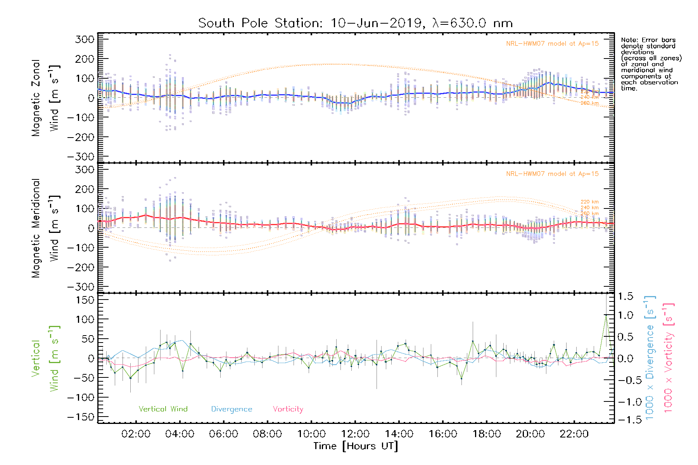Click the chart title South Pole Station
(x=260, y=23)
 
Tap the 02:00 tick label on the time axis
(x=136, y=434)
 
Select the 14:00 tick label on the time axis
(x=399, y=434)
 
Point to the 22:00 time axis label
(x=574, y=434)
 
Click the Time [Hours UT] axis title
(x=356, y=446)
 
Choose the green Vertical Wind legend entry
(x=163, y=409)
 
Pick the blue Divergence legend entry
(x=232, y=409)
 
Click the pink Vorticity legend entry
(x=288, y=409)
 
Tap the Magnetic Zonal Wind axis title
(x=45, y=98)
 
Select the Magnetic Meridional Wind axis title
(x=45, y=228)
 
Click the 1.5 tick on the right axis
(x=625, y=296)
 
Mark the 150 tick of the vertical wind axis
(x=85, y=300)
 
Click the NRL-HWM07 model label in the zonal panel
(x=552, y=44)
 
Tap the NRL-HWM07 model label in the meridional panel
(x=552, y=174)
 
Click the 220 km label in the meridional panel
(x=589, y=202)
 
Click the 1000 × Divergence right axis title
(x=650, y=358)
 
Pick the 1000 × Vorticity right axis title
(x=668, y=358)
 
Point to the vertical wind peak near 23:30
(x=606, y=315)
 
